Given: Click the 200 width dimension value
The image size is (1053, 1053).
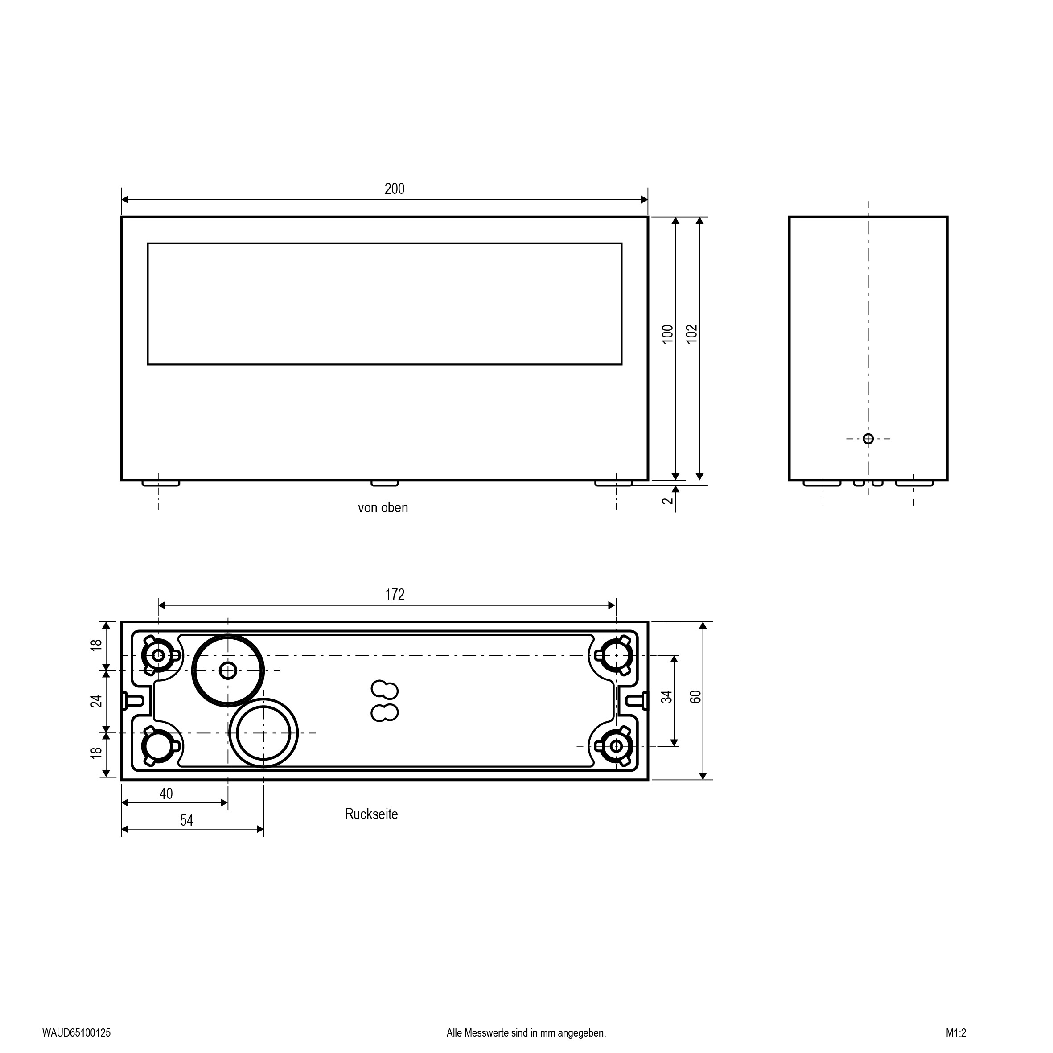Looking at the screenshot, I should tap(394, 189).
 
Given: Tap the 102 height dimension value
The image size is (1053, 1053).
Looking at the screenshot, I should tap(691, 333).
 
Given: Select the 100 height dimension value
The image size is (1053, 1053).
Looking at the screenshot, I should tap(668, 333).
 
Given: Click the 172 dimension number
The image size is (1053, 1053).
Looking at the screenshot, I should tap(395, 594).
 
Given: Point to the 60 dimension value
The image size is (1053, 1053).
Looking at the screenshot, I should tap(695, 696).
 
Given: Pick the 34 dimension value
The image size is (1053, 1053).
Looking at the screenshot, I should tap(666, 696).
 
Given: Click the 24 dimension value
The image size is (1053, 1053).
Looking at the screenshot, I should tap(96, 701).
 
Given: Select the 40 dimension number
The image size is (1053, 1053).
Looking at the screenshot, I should tap(166, 794).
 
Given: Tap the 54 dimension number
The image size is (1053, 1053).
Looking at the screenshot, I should tap(186, 820).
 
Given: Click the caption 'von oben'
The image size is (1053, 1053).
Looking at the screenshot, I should tap(383, 508).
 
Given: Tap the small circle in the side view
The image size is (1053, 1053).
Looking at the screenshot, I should tap(868, 439).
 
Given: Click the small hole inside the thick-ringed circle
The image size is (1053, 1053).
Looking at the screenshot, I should tap(228, 670).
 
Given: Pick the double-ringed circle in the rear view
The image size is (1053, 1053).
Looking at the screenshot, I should tap(264, 733).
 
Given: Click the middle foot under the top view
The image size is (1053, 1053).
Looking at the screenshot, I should tap(385, 483).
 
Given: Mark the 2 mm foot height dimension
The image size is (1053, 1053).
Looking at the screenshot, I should tap(668, 500).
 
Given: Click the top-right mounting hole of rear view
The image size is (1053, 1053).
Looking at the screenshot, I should tap(616, 655).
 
